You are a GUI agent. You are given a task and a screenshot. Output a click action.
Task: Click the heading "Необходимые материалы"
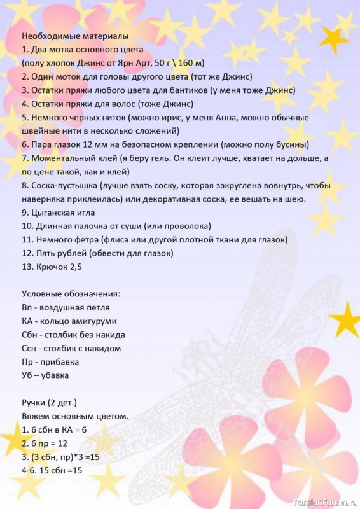click(74, 36)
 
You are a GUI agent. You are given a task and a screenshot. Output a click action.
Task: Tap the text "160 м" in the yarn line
click(190, 62)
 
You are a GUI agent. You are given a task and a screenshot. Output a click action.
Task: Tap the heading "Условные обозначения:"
click(71, 293)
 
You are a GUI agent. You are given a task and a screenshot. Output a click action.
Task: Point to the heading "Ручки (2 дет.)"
click(49, 403)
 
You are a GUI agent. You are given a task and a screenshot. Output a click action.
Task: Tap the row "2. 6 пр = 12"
click(48, 443)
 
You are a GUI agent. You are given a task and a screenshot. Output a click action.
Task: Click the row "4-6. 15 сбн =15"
click(53, 470)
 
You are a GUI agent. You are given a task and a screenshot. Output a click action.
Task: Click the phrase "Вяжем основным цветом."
click(75, 416)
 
